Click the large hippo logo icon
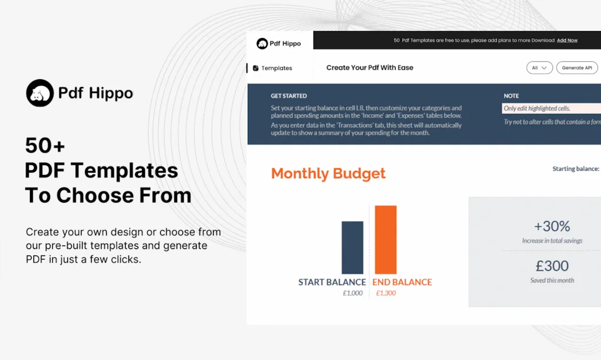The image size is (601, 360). (40, 93)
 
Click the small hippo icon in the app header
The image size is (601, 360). (262, 43)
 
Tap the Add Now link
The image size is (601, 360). (567, 41)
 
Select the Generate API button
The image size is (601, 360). (577, 68)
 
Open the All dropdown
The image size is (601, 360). (539, 68)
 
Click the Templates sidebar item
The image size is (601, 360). (272, 68)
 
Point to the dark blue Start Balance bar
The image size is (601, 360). (352, 247)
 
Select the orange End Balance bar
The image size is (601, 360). (386, 240)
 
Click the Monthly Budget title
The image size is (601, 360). (328, 174)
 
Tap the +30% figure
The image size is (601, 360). (552, 226)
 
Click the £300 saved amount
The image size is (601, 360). (552, 265)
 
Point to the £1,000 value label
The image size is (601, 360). (353, 293)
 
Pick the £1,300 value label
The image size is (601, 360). (386, 293)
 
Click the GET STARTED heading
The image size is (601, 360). (289, 96)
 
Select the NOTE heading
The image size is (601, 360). (511, 96)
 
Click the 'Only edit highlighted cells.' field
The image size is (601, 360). (551, 109)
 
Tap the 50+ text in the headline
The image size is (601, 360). (45, 146)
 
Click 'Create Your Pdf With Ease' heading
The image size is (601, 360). (370, 68)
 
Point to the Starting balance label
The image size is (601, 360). (576, 169)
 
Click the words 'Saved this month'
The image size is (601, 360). (552, 280)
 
